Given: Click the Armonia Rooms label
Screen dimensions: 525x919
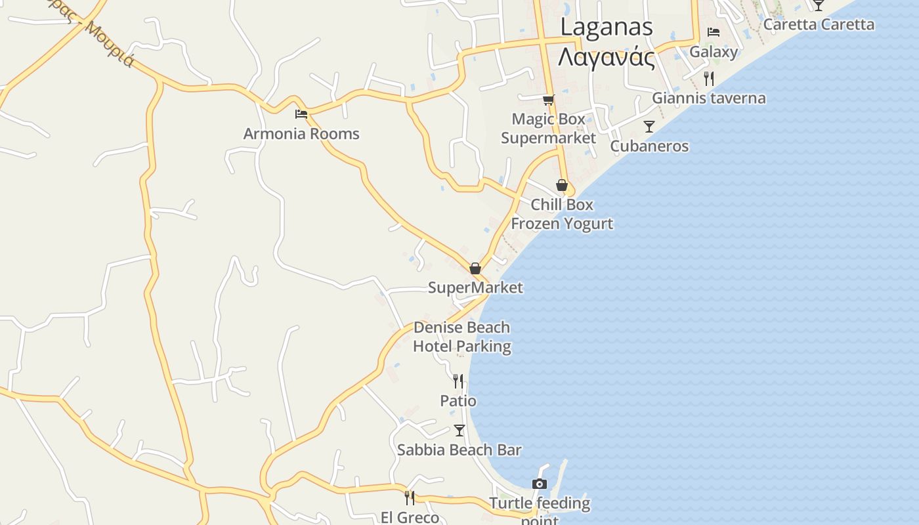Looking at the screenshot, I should [x=301, y=134].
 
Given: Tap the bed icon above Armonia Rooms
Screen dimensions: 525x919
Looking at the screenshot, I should [x=301, y=114].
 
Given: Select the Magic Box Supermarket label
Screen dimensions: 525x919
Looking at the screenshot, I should [x=548, y=129].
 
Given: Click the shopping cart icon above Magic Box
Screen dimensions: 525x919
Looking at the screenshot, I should [x=548, y=100].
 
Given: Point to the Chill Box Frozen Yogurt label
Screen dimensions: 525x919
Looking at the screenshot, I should [x=562, y=214].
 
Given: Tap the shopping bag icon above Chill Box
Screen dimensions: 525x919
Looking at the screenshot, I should [x=561, y=185].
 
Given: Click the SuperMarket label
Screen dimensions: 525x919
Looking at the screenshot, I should [x=475, y=287].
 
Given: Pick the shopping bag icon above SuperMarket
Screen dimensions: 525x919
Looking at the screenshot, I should [x=475, y=268].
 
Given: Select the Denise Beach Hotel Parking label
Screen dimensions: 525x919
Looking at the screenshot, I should [x=462, y=337].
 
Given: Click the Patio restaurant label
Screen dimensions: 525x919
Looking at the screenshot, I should [x=458, y=401].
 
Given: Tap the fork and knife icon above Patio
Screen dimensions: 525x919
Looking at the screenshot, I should [x=458, y=381].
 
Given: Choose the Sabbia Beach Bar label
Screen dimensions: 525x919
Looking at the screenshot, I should [x=459, y=450].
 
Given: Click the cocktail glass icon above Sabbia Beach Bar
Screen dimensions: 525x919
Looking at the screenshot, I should [x=460, y=430].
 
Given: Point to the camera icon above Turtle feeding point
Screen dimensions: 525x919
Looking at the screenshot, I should [x=540, y=484].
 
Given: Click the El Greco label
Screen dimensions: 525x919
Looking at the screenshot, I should [x=410, y=517].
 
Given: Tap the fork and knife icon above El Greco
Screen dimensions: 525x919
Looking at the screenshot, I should [x=410, y=497].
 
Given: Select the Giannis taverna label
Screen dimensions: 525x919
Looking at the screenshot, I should [x=708, y=98].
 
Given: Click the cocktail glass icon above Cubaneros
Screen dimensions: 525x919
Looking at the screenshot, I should [x=649, y=127].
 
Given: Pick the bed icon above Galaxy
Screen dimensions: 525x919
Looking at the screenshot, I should [x=714, y=31].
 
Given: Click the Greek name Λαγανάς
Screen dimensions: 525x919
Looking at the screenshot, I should [x=607, y=58].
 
